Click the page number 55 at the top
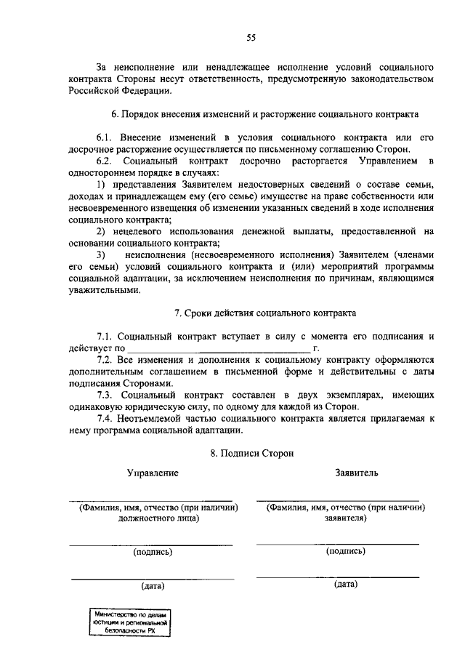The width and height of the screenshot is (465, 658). coord(251,38)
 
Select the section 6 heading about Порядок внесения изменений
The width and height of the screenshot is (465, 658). coord(265,115)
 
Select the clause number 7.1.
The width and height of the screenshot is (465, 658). coord(107,337)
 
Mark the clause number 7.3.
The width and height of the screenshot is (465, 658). coord(107,394)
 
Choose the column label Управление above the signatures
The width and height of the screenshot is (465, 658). coord(153,473)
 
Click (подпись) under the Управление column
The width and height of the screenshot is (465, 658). coord(153,552)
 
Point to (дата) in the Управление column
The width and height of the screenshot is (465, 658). coord(153,585)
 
